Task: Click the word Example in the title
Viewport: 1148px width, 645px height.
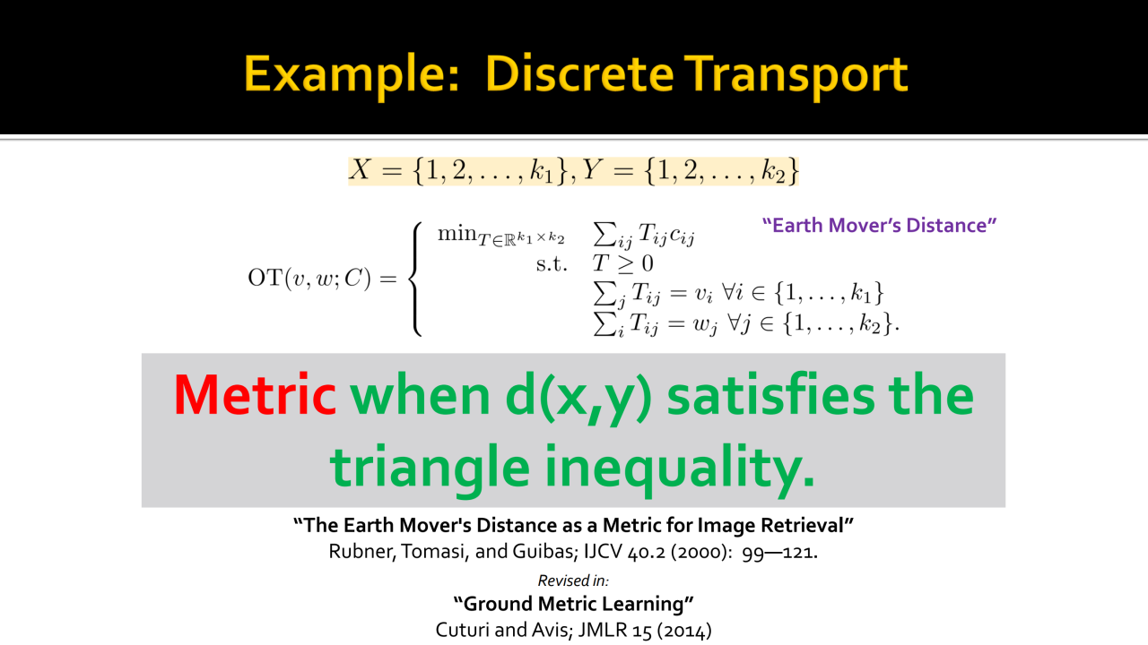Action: pos(351,76)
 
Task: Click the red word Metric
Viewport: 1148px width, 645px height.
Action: pos(255,395)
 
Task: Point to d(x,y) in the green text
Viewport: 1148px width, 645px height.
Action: pos(578,397)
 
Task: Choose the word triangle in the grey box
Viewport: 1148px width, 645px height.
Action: pos(430,469)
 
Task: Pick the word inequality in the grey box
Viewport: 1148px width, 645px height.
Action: pos(680,469)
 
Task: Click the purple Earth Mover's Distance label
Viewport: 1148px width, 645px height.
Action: pos(879,225)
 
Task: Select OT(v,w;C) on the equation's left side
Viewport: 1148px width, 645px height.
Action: pos(309,279)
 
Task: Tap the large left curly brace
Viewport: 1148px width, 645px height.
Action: pos(415,279)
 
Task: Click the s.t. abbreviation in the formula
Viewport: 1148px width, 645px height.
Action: pos(552,264)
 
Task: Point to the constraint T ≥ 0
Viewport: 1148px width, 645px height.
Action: pos(622,263)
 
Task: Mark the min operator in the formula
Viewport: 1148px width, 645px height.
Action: pos(457,234)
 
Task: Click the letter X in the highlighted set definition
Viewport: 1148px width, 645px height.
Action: pos(360,170)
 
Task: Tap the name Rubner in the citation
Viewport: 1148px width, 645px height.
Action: pos(361,552)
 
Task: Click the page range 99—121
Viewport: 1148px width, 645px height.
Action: pos(779,553)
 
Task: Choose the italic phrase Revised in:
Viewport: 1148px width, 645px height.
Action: pos(573,580)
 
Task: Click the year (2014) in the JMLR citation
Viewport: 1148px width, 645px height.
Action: pos(686,630)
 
